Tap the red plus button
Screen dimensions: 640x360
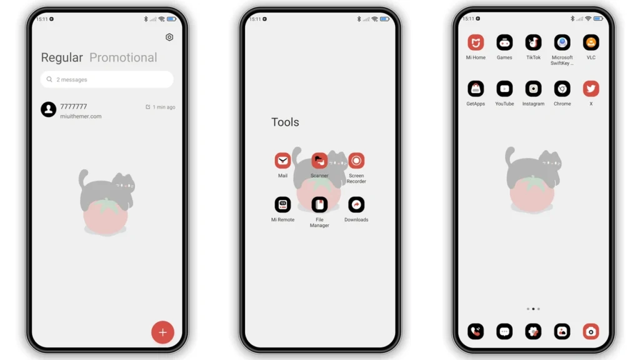click(162, 332)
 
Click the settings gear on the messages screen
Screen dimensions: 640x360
click(169, 37)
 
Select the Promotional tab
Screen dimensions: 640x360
click(123, 57)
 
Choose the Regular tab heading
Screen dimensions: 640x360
click(62, 58)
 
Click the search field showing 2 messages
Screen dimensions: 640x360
click(107, 79)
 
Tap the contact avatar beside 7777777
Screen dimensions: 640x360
click(49, 109)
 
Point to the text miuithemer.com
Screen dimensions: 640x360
click(81, 116)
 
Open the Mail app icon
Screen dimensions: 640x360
click(282, 161)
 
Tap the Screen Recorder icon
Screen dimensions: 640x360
click(356, 161)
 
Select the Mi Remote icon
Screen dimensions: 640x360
click(282, 204)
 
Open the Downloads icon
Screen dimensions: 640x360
click(356, 204)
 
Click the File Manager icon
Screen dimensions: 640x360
click(319, 204)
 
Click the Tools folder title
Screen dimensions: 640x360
click(285, 122)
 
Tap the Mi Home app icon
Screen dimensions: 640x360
click(476, 42)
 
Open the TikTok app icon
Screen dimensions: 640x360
click(533, 42)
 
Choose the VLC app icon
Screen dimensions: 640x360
click(591, 42)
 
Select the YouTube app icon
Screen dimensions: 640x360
click(504, 89)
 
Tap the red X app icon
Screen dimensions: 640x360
click(591, 89)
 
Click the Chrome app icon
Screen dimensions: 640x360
click(562, 89)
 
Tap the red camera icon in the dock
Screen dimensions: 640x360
click(591, 331)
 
